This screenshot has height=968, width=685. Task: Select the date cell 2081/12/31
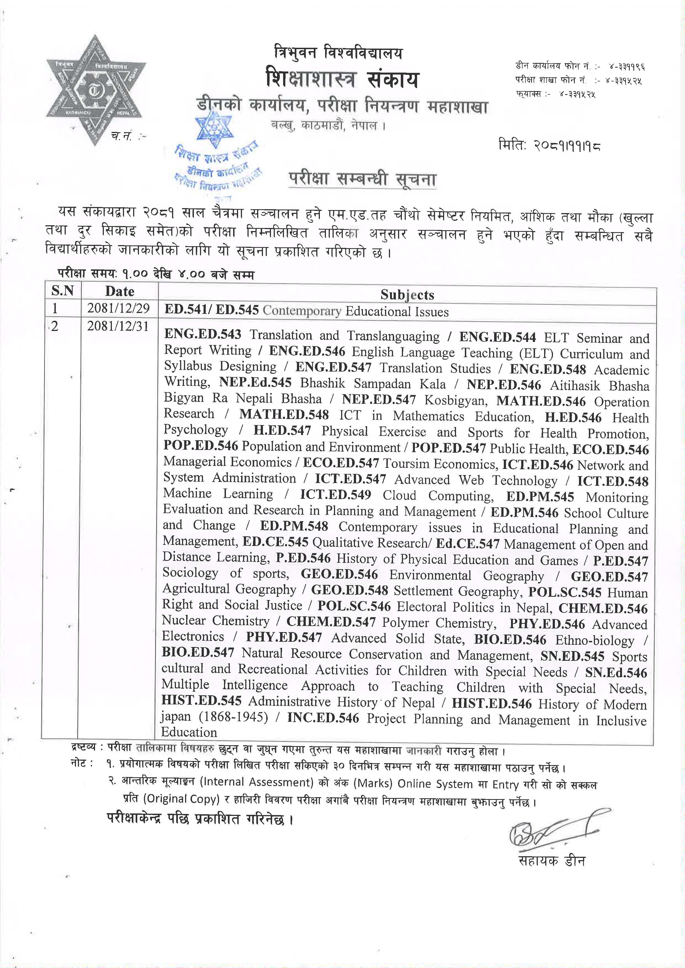pyautogui.click(x=118, y=326)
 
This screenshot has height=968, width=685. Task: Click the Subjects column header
pyautogui.click(x=407, y=295)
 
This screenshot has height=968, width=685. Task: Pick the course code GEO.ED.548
pyautogui.click(x=350, y=590)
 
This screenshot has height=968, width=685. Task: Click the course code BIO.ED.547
pyautogui.click(x=198, y=653)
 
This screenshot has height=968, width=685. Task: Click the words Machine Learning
pyautogui.click(x=218, y=493)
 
